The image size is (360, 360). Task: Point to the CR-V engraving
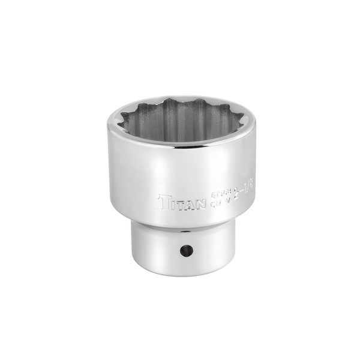point(221,202)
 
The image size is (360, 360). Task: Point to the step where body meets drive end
point(180,224)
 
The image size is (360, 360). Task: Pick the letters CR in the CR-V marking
point(216,203)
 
